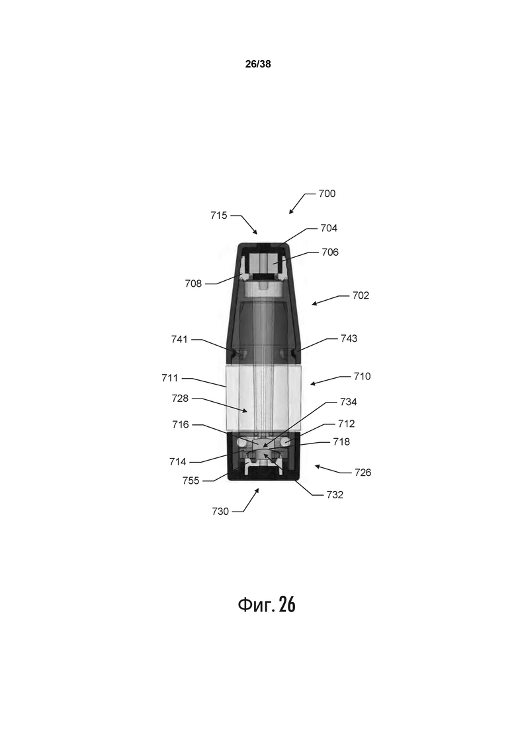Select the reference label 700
point(327,194)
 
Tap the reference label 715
point(219,215)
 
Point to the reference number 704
point(329,228)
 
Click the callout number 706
point(330,252)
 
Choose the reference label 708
point(193,284)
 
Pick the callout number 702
point(361,295)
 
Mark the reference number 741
point(179,339)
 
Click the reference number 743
point(349,338)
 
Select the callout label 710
point(362,376)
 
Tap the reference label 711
point(170,378)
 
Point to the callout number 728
point(180,399)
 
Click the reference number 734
point(348,402)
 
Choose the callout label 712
point(346,424)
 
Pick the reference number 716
point(180,425)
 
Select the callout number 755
point(191,480)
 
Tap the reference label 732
point(335,494)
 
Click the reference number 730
point(220,511)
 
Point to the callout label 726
point(363,473)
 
